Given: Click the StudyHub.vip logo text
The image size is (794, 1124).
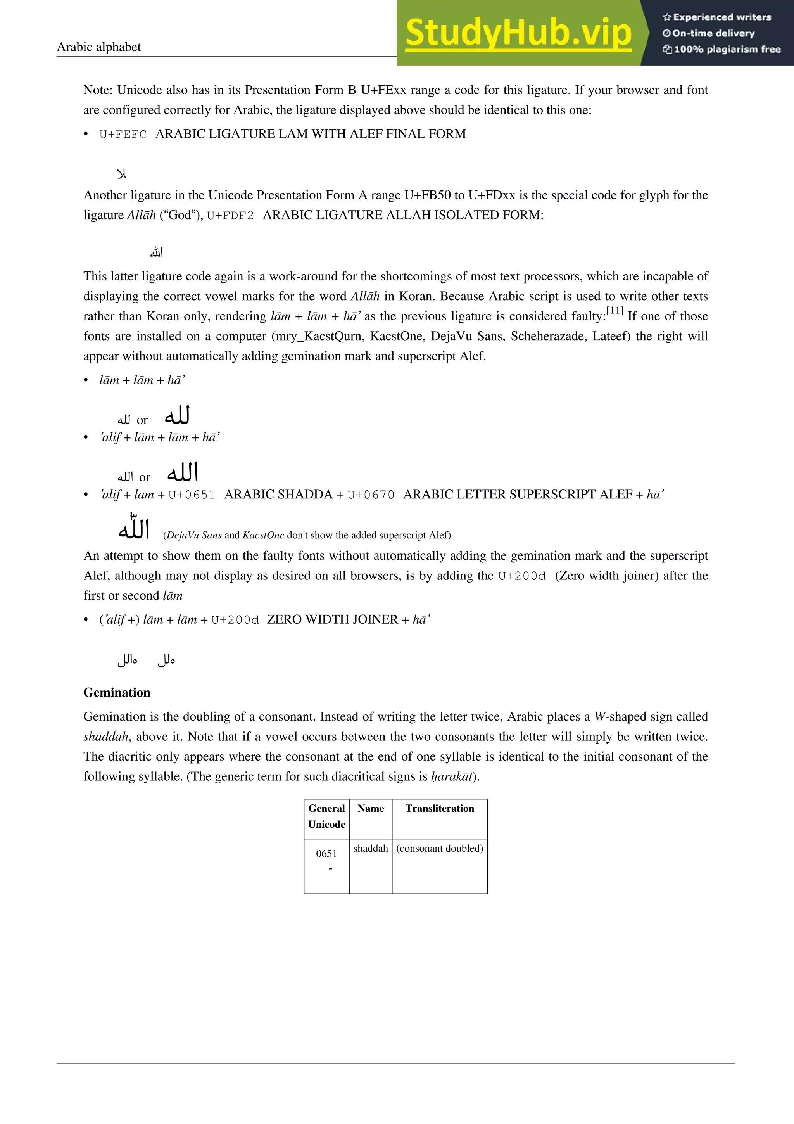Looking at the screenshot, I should pyautogui.click(x=518, y=33).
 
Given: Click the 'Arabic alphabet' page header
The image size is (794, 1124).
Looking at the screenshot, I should pyautogui.click(x=98, y=47).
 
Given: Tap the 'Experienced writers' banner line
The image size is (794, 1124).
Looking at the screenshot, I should pyautogui.click(x=717, y=17).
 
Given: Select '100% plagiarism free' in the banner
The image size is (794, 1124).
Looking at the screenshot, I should pyautogui.click(x=722, y=49).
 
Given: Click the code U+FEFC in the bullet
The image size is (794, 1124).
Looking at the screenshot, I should pyautogui.click(x=123, y=134).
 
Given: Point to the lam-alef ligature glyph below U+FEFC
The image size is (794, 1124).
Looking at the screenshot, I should pyautogui.click(x=122, y=174).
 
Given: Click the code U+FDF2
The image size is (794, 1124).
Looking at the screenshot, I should pyautogui.click(x=230, y=215).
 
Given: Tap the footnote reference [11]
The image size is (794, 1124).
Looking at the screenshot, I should pyautogui.click(x=614, y=311).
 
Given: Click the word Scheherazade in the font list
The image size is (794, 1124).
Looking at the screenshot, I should pyautogui.click(x=542, y=336).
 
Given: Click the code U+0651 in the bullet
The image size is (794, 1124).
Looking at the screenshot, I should pyautogui.click(x=192, y=495).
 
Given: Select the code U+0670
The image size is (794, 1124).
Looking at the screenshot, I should pyautogui.click(x=370, y=495).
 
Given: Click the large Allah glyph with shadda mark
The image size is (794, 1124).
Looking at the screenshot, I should pyautogui.click(x=133, y=527).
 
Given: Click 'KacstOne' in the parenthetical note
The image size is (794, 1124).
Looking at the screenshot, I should pyautogui.click(x=263, y=535).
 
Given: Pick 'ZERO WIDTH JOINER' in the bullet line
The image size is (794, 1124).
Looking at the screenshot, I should pyautogui.click(x=332, y=620).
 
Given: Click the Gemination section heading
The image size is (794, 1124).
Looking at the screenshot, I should pyautogui.click(x=117, y=692).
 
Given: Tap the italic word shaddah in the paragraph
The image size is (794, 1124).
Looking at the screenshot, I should pyautogui.click(x=106, y=737).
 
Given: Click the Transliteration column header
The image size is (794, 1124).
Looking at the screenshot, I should pyautogui.click(x=439, y=808).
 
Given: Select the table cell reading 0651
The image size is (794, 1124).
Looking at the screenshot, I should pyautogui.click(x=326, y=853).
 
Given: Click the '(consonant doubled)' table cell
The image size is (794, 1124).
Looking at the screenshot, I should pyautogui.click(x=439, y=848).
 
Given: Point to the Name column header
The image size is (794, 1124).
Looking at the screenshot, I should pyautogui.click(x=370, y=808).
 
